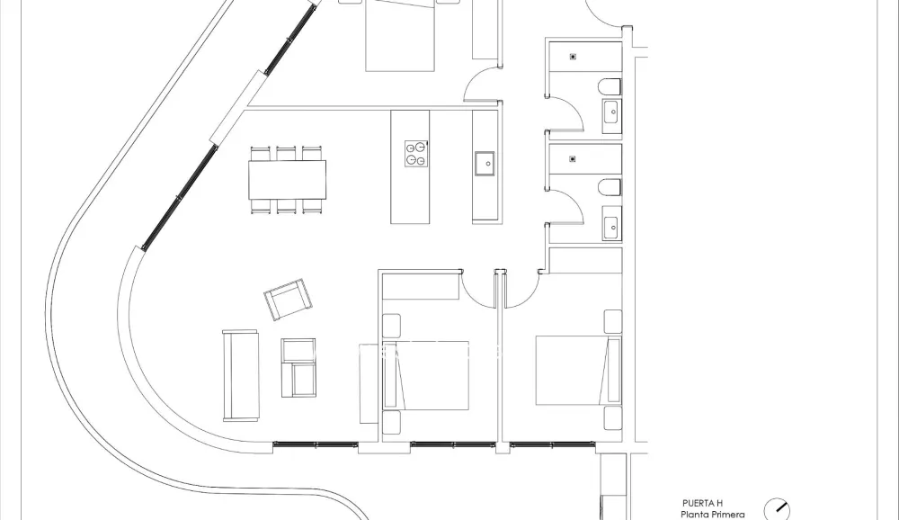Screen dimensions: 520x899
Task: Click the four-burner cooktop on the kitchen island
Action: click(x=415, y=153)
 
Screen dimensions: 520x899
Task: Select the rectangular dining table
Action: click(x=288, y=179)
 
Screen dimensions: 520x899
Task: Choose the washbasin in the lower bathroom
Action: click(x=612, y=223)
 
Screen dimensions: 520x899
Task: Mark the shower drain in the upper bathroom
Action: click(x=573, y=57)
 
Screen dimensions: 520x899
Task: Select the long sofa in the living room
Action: click(x=240, y=374)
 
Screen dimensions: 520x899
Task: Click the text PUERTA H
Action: click(x=702, y=503)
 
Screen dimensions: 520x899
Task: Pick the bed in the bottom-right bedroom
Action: click(x=576, y=370)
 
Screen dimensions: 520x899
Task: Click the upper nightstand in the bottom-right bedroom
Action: click(x=613, y=321)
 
